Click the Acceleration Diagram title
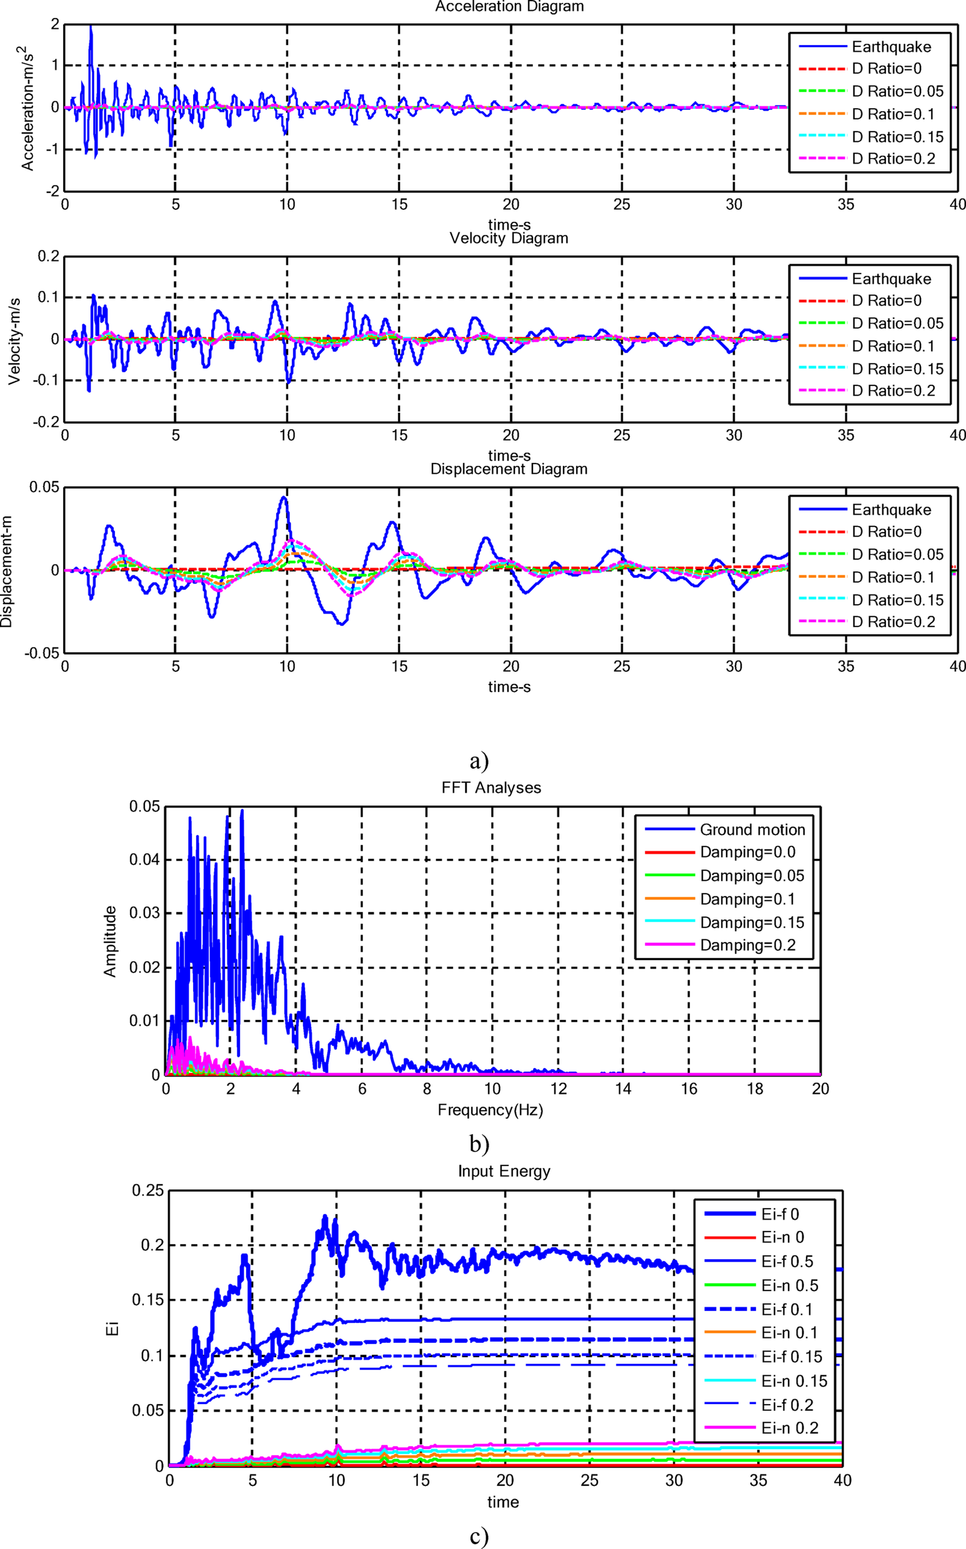pyautogui.click(x=509, y=7)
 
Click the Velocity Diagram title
pyautogui.click(x=509, y=238)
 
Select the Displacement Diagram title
pyautogui.click(x=509, y=468)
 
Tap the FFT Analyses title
pyautogui.click(x=490, y=787)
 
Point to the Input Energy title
pyautogui.click(x=504, y=1171)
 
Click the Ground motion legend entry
pyautogui.click(x=752, y=829)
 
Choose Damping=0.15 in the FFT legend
pyautogui.click(x=751, y=922)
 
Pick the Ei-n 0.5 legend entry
pyautogui.click(x=789, y=1285)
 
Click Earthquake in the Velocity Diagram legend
pyautogui.click(x=890, y=279)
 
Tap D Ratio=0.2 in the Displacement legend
pyautogui.click(x=893, y=621)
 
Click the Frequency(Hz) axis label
pyautogui.click(x=490, y=1110)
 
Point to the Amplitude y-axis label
pyautogui.click(x=110, y=941)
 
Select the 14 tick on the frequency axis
pyautogui.click(x=623, y=1089)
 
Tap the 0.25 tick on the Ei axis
pyautogui.click(x=147, y=1191)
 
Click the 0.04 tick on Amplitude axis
pyautogui.click(x=144, y=860)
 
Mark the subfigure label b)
pyautogui.click(x=479, y=1143)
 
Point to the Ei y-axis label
pyautogui.click(x=112, y=1329)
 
